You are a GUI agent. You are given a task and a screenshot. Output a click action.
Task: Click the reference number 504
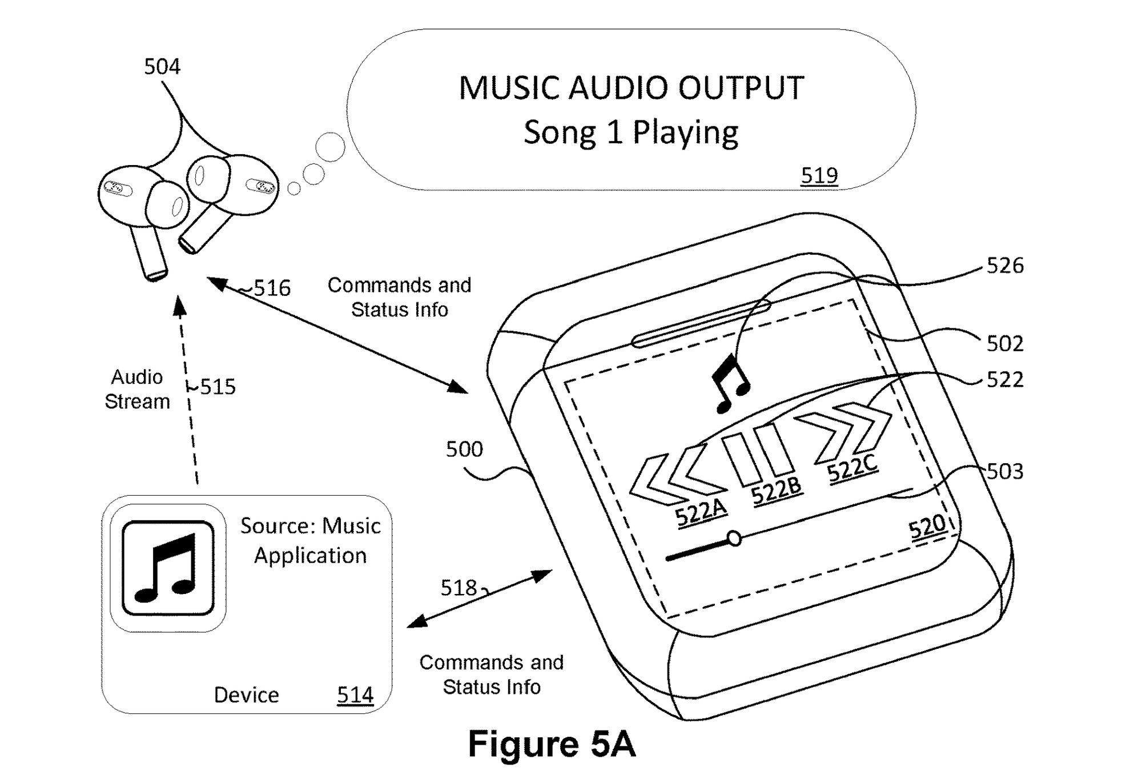pos(162,67)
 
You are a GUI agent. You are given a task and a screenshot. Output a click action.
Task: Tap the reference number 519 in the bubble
pos(819,175)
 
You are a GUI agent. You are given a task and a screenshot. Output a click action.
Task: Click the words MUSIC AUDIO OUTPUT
pos(631,88)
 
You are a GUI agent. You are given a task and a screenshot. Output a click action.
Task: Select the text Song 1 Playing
pos(631,132)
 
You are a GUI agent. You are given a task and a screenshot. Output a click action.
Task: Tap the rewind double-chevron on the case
pos(677,477)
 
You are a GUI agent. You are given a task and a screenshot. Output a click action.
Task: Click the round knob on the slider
pos(734,538)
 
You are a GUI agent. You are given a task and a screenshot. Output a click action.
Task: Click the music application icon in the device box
pos(168,568)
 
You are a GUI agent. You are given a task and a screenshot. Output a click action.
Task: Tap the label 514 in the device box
pos(355,695)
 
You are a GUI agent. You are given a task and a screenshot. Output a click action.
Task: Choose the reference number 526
pos(1005,266)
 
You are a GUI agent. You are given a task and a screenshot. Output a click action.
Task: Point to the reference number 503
pos(1005,472)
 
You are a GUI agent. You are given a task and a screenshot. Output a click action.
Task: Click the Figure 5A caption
pos(552,744)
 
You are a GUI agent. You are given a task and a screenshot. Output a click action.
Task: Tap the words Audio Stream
pos(137,389)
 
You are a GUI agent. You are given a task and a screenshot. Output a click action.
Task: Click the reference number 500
pos(464,449)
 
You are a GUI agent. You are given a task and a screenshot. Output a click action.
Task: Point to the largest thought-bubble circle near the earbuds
pos(330,147)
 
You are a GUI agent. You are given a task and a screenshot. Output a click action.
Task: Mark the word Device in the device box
pos(246,695)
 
